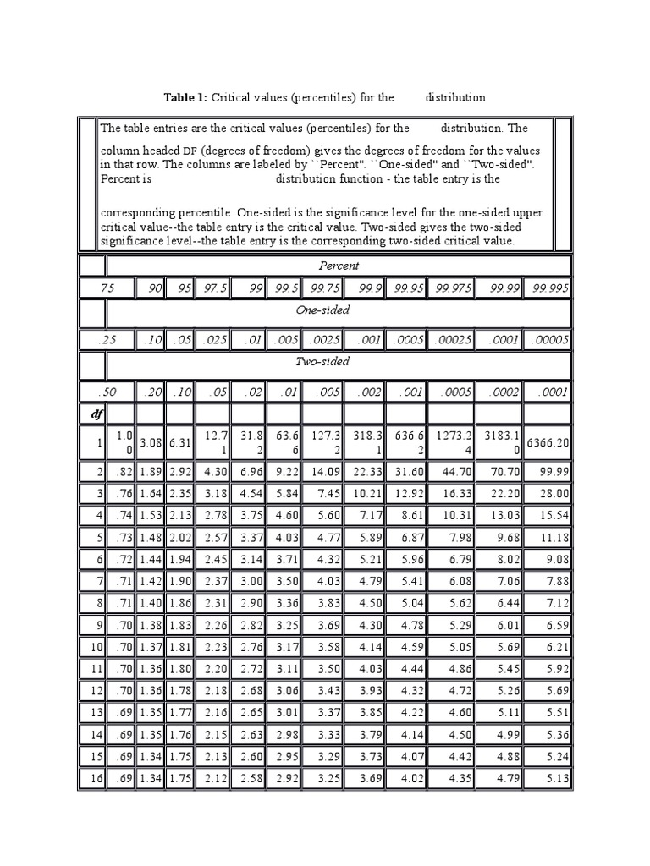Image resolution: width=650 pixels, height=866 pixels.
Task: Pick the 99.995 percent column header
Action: click(549, 289)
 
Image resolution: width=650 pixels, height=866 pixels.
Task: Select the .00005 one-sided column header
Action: click(549, 340)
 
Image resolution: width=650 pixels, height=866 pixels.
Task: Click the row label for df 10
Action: click(94, 648)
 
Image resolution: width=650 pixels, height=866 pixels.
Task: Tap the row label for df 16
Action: click(94, 780)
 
